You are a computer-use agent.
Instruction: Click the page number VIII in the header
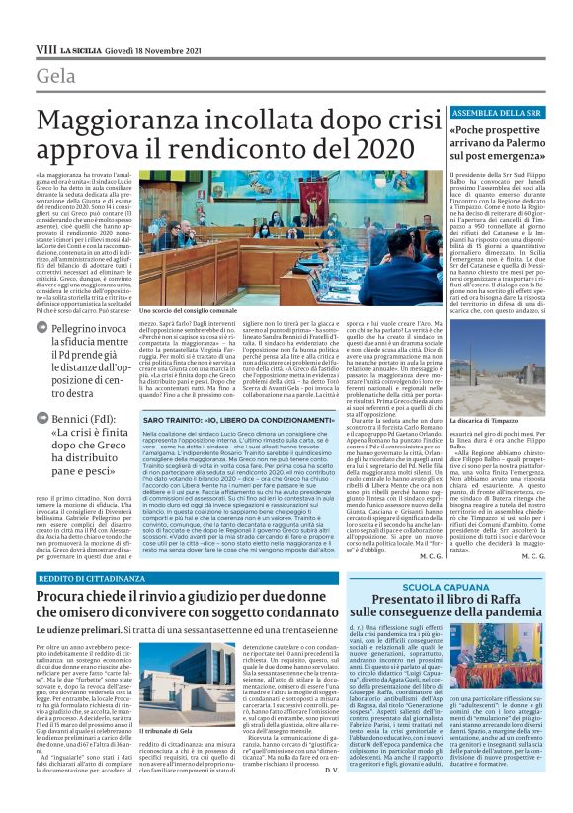pyautogui.click(x=45, y=47)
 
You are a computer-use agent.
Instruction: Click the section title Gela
pyautogui.click(x=56, y=76)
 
